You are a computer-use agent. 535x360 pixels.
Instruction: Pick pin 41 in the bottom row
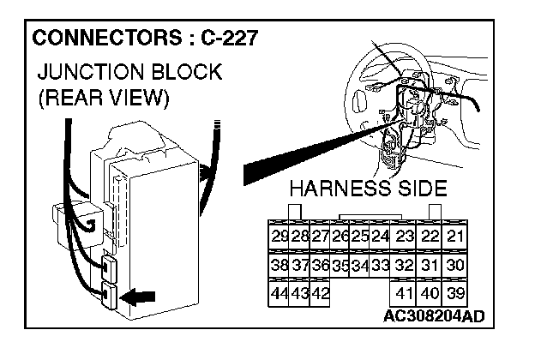pyautogui.click(x=405, y=293)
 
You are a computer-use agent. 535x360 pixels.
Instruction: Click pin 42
pyautogui.click(x=320, y=293)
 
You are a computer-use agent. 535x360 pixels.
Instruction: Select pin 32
pyautogui.click(x=405, y=266)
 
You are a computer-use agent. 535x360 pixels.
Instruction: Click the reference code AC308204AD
pyautogui.click(x=435, y=315)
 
